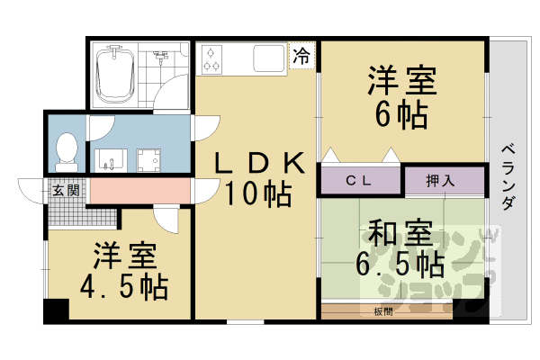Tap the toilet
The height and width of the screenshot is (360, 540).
point(66,151)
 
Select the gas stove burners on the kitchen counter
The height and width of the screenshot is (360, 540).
point(212,58)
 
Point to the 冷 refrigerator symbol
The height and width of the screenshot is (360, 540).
point(301,56)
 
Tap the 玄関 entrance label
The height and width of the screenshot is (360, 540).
point(65,190)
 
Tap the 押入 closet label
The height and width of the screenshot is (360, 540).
point(440,180)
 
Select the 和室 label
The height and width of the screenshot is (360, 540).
point(401,233)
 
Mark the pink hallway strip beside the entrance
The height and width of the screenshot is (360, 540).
point(139,191)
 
